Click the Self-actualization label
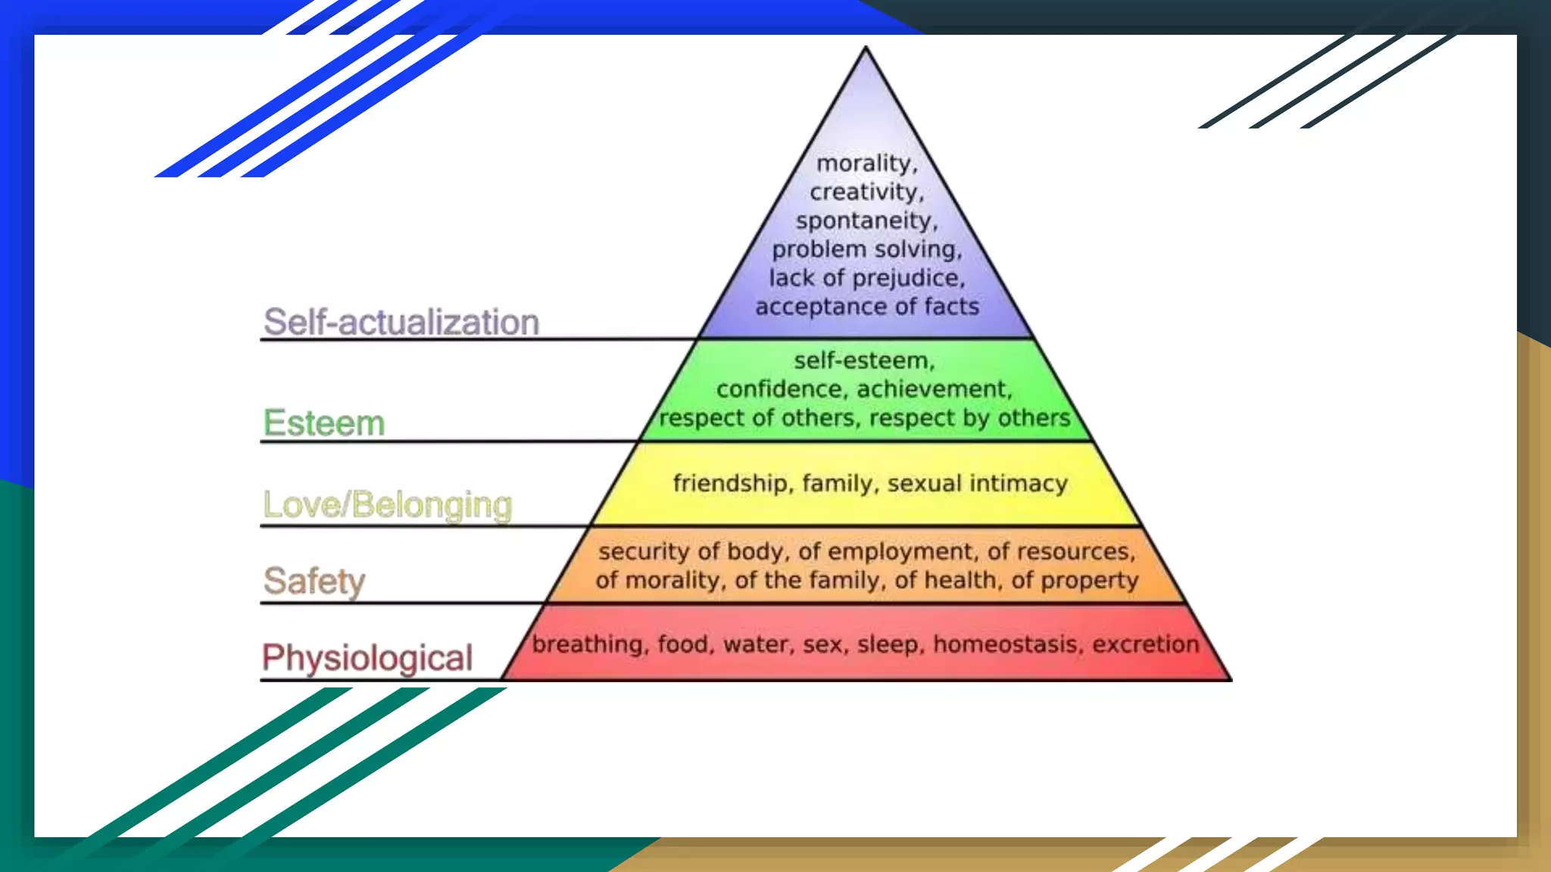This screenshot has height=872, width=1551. (401, 322)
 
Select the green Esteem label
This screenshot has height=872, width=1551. (324, 423)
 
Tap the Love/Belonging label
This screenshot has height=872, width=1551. (387, 505)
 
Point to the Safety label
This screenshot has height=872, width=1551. (314, 581)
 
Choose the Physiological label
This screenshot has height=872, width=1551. (367, 657)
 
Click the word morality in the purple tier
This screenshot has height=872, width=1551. (866, 163)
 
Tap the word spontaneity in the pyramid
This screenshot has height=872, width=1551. (866, 221)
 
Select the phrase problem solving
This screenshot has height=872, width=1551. (866, 250)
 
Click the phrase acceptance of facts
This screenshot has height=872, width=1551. (866, 307)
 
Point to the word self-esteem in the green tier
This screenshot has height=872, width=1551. (863, 360)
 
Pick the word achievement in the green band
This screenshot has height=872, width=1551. (934, 389)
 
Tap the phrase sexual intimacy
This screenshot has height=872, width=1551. (977, 483)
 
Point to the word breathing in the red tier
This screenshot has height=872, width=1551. (587, 644)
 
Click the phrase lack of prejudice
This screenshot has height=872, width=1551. (866, 278)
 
